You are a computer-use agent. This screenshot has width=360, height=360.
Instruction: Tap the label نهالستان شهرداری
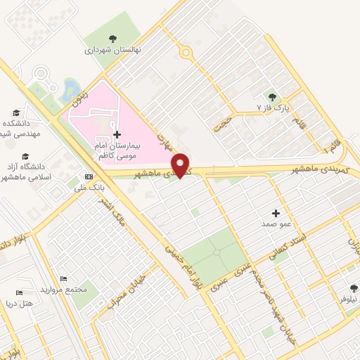pos(112,51)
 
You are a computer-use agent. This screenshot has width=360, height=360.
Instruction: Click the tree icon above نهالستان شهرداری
pos(112,39)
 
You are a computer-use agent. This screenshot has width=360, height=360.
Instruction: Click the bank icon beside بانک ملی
pos(88,176)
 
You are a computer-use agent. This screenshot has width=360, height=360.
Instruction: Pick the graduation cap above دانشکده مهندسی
pos(15,112)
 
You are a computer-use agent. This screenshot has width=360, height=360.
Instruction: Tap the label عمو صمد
pos(275,223)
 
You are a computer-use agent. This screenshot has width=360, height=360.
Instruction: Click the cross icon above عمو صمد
pos(275,212)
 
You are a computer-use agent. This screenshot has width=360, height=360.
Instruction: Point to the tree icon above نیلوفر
pos(354,288)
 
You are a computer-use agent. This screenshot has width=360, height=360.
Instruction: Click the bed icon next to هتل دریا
pos(20,292)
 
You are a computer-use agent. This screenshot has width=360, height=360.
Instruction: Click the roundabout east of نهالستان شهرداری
pos(186,51)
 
